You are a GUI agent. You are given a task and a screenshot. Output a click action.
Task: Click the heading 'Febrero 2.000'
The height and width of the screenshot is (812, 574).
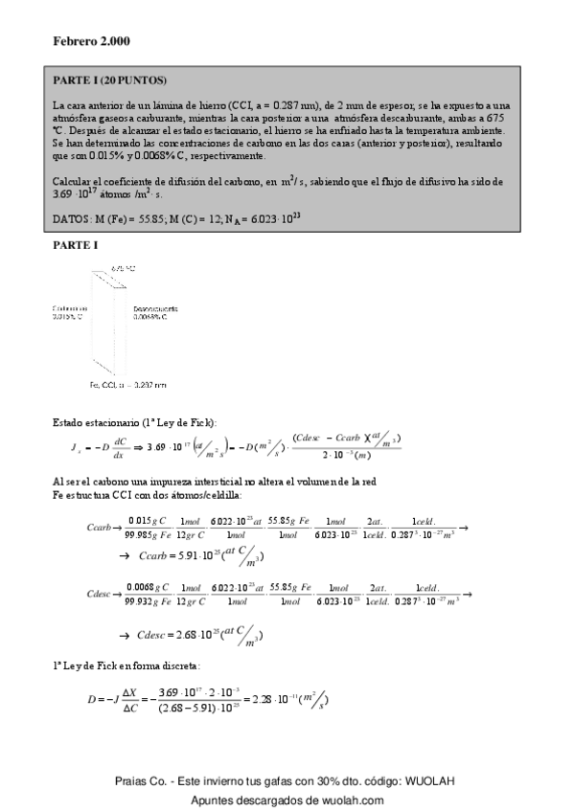pos(91,41)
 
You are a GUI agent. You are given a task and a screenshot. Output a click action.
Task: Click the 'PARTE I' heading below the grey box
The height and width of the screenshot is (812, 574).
pos(75,246)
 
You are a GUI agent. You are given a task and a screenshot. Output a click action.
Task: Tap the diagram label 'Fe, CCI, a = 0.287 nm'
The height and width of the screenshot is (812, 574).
pos(128,385)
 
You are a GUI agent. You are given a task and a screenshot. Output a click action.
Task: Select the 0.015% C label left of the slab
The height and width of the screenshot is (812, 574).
pos(70,315)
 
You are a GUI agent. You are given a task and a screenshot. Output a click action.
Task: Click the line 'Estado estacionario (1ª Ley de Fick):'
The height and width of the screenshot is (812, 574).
pos(134,422)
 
